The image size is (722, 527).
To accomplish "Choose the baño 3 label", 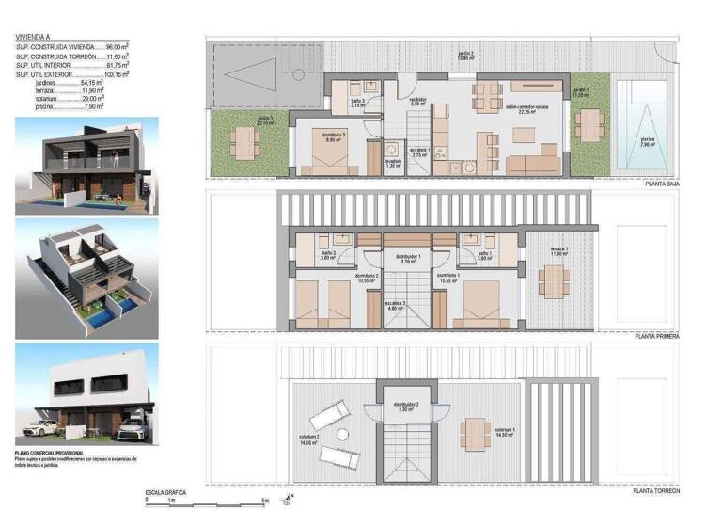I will click(x=358, y=104).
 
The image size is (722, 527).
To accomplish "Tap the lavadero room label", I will click(x=392, y=161).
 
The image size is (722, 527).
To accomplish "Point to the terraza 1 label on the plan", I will click(x=559, y=251).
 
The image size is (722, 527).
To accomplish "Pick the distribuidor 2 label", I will click(x=406, y=407).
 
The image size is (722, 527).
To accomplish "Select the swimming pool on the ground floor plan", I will click(x=644, y=131).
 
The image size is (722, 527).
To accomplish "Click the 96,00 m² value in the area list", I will click(x=117, y=46).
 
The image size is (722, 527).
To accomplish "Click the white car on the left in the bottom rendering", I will click(x=40, y=427).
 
